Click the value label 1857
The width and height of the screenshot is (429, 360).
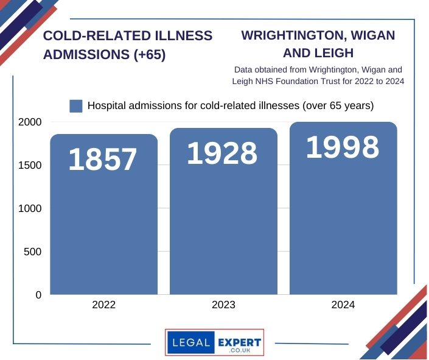(x=103, y=160)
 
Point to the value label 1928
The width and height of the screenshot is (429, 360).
(x=222, y=154)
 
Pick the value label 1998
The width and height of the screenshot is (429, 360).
(x=342, y=147)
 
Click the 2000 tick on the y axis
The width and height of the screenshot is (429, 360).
(x=29, y=122)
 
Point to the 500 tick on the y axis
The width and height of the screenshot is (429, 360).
(x=33, y=252)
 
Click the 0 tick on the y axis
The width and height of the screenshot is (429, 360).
(x=38, y=295)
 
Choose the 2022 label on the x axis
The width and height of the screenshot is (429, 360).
(x=103, y=305)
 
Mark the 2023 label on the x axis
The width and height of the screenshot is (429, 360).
(x=223, y=305)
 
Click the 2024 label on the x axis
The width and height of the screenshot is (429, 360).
(x=343, y=305)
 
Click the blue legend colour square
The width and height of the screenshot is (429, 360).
(x=76, y=106)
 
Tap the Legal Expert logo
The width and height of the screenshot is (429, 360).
(x=214, y=342)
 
